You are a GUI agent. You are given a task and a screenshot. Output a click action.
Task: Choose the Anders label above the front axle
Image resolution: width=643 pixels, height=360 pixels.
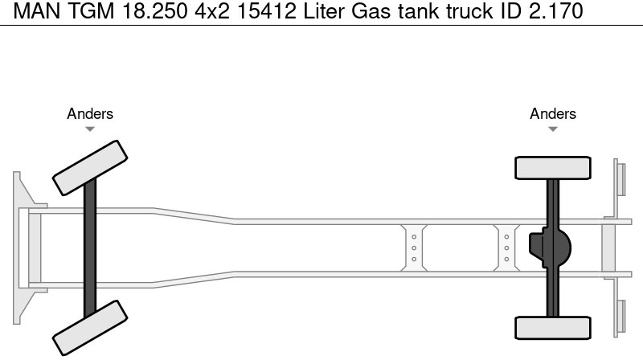coord(90,113)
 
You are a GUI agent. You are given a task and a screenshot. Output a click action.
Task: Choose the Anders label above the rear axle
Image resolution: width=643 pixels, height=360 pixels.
coord(553,113)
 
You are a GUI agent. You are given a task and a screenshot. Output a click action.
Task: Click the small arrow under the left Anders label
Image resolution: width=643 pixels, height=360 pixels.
coord(90,129)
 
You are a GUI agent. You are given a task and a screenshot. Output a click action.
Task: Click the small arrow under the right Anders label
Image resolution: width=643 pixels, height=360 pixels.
coord(553,129)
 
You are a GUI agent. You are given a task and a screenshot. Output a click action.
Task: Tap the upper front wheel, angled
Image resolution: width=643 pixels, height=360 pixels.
coord(89,167)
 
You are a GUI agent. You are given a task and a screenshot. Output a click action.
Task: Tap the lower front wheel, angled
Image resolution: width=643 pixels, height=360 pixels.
coord(89,328)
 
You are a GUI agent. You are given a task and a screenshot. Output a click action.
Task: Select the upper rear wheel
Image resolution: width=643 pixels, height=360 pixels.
coord(553,168)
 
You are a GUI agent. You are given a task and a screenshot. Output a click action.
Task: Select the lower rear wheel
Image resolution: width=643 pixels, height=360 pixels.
coord(553,327)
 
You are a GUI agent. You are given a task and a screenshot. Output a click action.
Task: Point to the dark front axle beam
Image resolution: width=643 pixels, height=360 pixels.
coord(90,247)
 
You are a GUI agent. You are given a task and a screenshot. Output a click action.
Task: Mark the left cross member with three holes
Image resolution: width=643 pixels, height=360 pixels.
coord(413,247)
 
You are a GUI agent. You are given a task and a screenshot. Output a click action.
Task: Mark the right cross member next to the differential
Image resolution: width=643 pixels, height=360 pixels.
coord(506,247)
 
